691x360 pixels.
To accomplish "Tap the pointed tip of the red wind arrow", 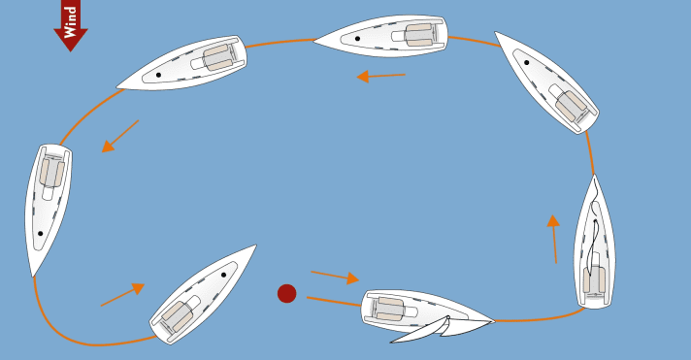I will point(70,49).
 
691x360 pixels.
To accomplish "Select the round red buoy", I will point(286,293).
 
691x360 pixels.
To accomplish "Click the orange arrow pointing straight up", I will point(553,239).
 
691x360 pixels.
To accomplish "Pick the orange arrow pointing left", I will point(380,76).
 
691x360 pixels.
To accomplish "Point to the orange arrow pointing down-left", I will point(120,137).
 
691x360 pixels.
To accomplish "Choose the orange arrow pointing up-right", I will point(122,295).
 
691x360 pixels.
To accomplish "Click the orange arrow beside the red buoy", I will point(334,277).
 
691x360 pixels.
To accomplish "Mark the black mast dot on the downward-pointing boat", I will point(40,233).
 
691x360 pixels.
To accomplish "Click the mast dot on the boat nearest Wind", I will point(158,75).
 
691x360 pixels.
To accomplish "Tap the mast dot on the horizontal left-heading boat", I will point(357,39).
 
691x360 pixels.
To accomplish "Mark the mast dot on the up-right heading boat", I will point(223,275).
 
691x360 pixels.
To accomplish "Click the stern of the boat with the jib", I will point(367,305).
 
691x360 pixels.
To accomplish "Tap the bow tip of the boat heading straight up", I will point(594,176).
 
